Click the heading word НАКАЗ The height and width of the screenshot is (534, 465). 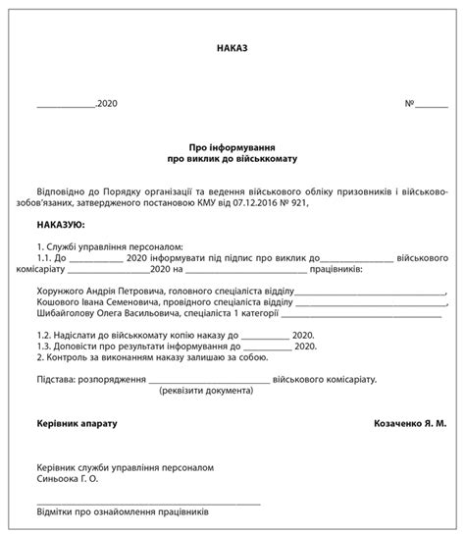[x=232, y=47]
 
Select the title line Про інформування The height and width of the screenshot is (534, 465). [x=232, y=142]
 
